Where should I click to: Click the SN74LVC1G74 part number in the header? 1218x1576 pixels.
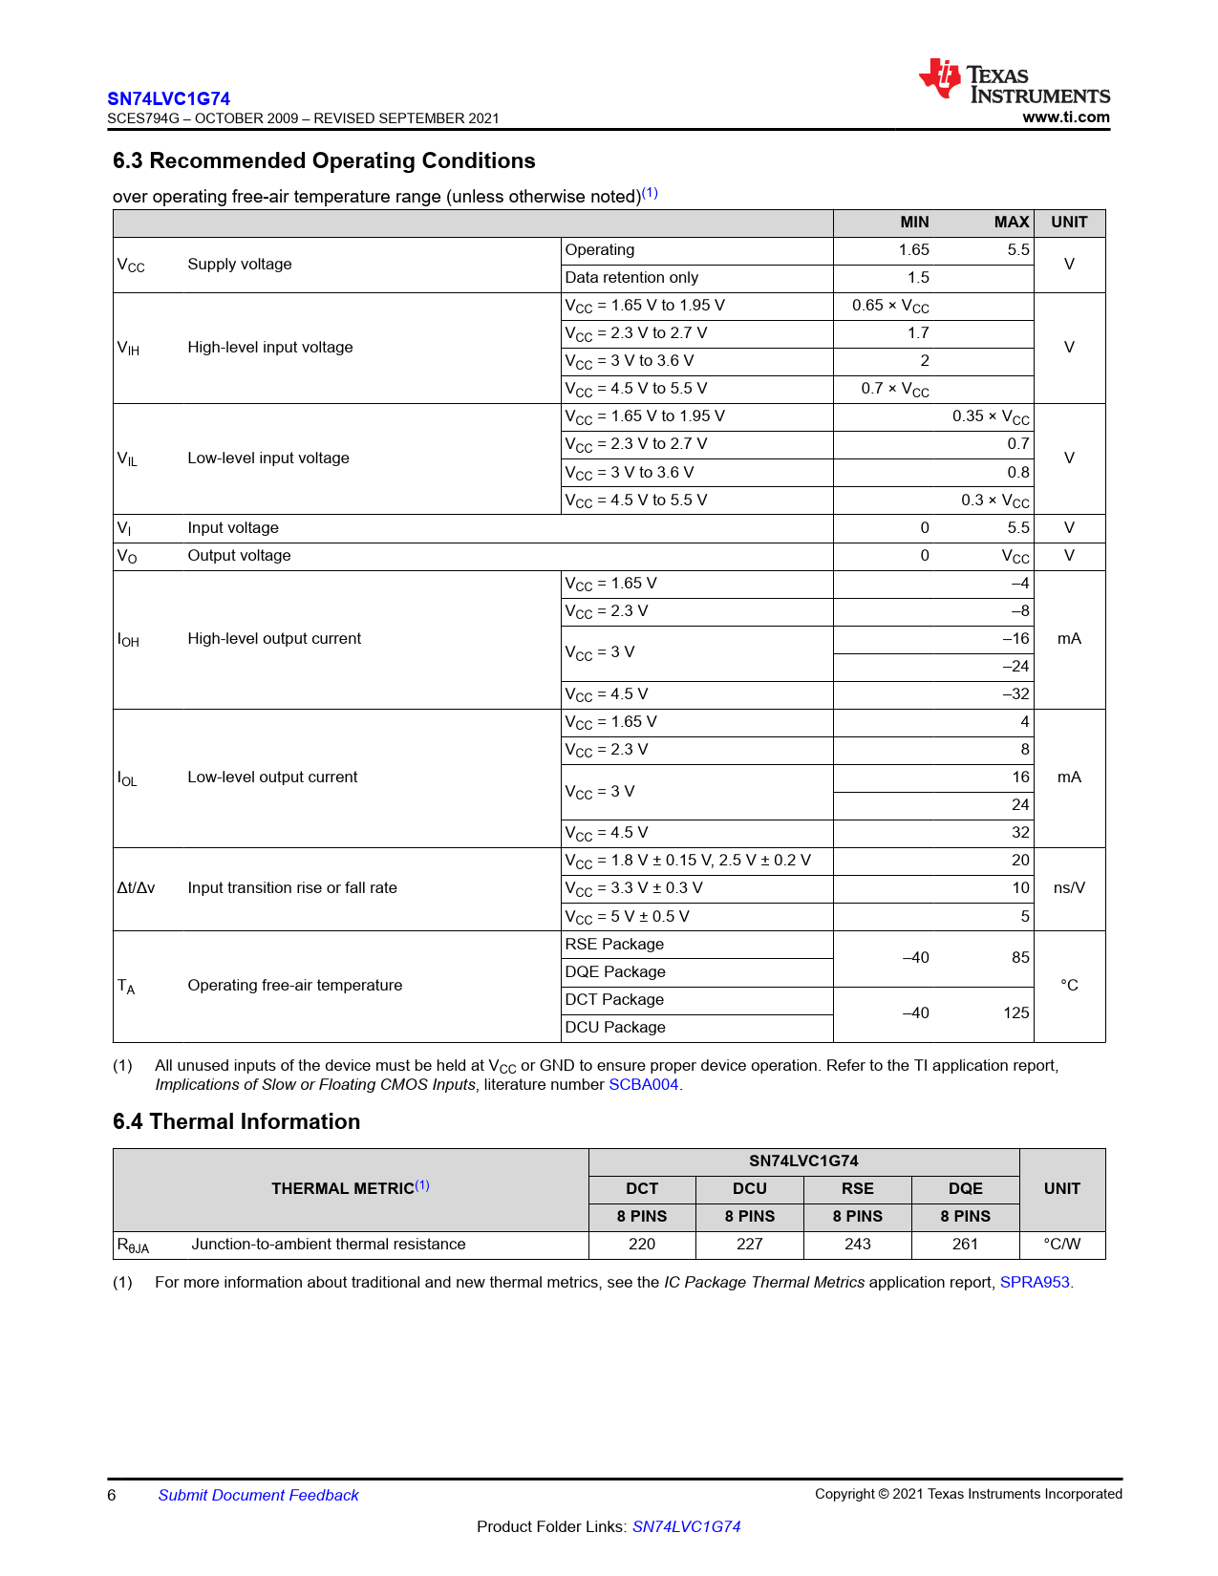[168, 98]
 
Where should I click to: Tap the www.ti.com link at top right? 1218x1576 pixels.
[1065, 117]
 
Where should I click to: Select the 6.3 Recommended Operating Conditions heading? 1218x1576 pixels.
[324, 160]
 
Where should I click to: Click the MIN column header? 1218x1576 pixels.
[914, 223]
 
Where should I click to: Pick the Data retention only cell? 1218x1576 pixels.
[631, 278]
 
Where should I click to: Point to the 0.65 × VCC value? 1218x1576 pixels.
[890, 306]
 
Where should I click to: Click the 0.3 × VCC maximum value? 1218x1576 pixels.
[994, 500]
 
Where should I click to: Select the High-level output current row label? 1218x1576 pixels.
[274, 639]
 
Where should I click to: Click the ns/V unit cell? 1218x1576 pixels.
[1069, 888]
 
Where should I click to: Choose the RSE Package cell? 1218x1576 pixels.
[614, 945]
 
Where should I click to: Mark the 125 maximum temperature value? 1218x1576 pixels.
[1015, 1013]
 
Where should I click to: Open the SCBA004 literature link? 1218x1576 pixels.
[643, 1085]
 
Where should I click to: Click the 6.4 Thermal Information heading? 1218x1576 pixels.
[236, 1121]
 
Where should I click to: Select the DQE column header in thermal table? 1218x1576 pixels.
[965, 1189]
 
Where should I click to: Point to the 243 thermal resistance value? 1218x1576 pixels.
[857, 1245]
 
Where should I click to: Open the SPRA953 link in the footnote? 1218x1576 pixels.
[1035, 1283]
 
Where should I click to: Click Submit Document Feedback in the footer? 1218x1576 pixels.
[258, 1496]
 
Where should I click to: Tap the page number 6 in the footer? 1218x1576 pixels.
[112, 1496]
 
